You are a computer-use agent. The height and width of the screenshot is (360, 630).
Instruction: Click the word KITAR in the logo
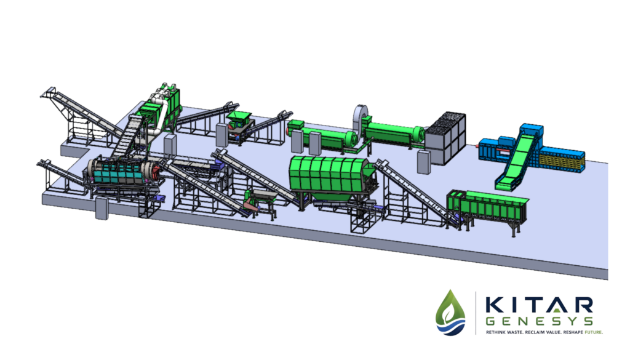pyautogui.click(x=539, y=305)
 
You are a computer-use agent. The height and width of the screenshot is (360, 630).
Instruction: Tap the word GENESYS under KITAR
pyautogui.click(x=539, y=321)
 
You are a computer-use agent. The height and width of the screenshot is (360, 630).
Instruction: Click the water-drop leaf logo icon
pyautogui.click(x=450, y=313)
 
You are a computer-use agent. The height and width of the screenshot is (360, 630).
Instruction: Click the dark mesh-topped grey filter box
pyautogui.click(x=446, y=138)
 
